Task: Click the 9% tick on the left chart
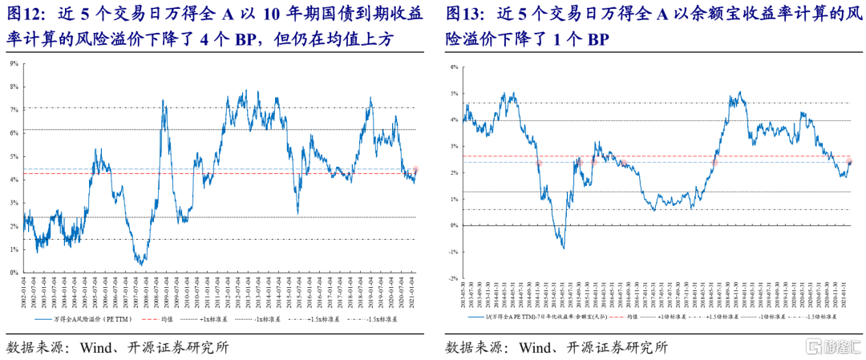(x=14, y=63)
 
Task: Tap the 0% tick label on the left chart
(x=14, y=273)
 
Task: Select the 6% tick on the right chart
(x=454, y=67)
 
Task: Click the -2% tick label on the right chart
(x=453, y=278)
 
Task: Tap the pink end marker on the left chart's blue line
(x=415, y=170)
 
